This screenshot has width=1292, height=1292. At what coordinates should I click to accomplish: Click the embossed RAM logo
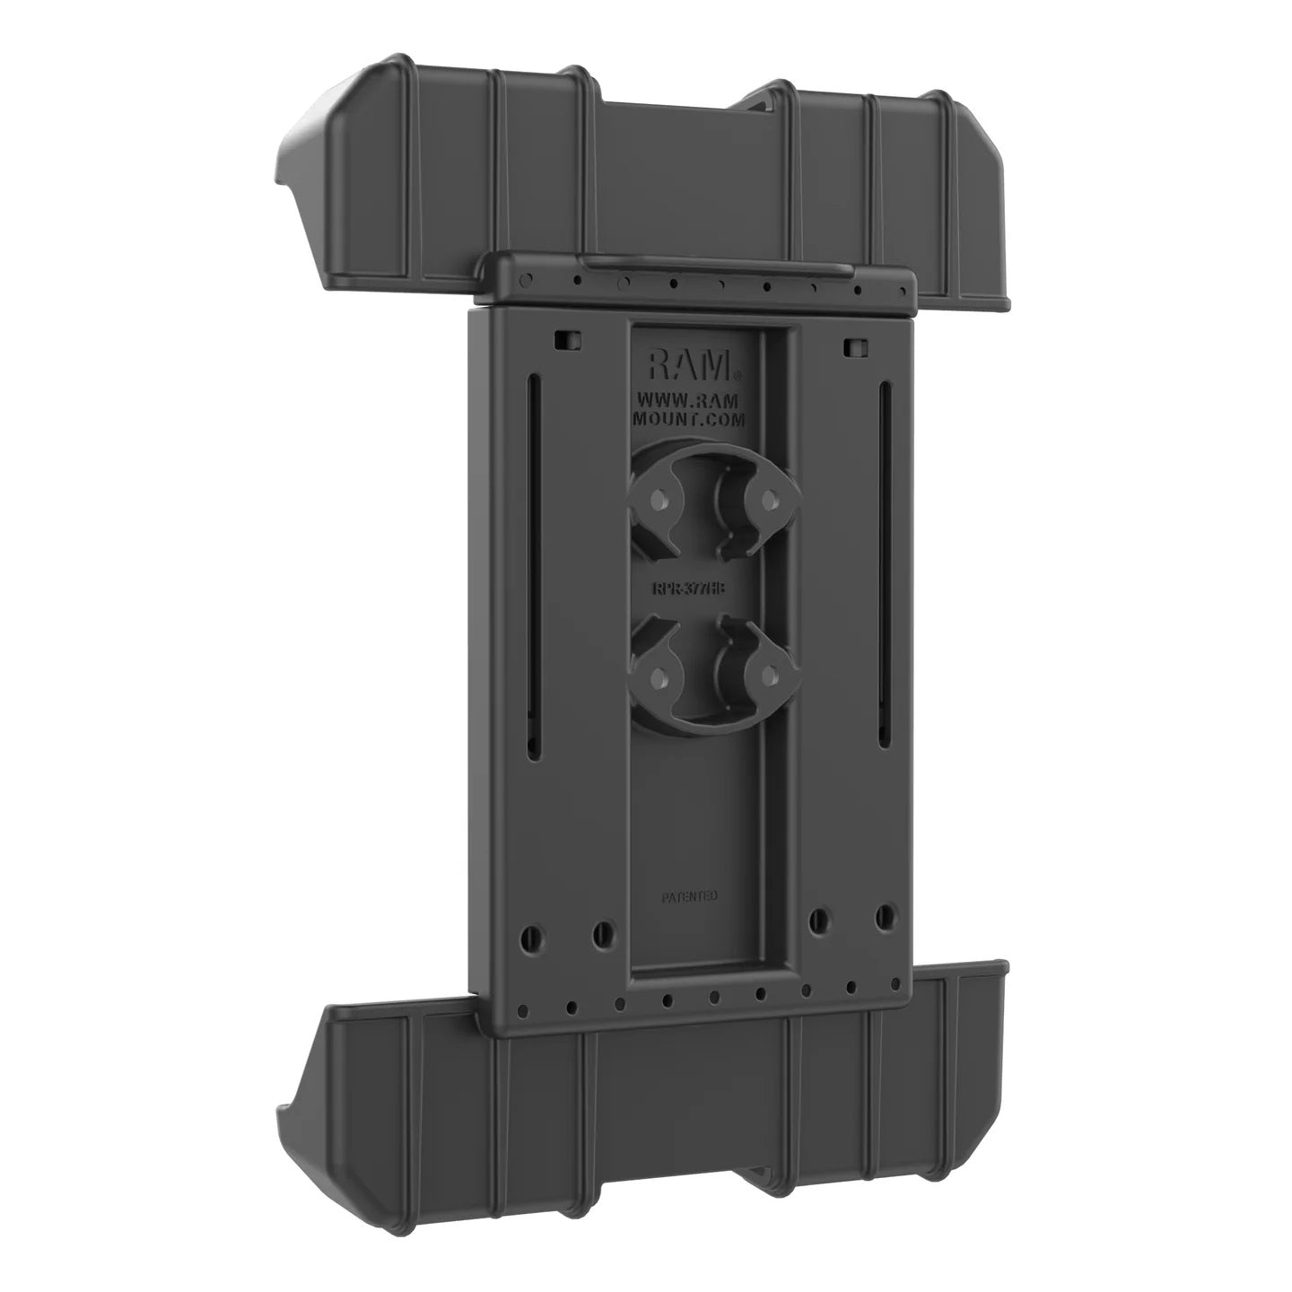[x=689, y=365]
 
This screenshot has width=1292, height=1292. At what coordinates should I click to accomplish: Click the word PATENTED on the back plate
[x=689, y=895]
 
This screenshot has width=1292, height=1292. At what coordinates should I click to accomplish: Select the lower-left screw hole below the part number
[x=659, y=676]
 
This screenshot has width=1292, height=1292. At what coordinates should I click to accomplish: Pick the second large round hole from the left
[x=602, y=933]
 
